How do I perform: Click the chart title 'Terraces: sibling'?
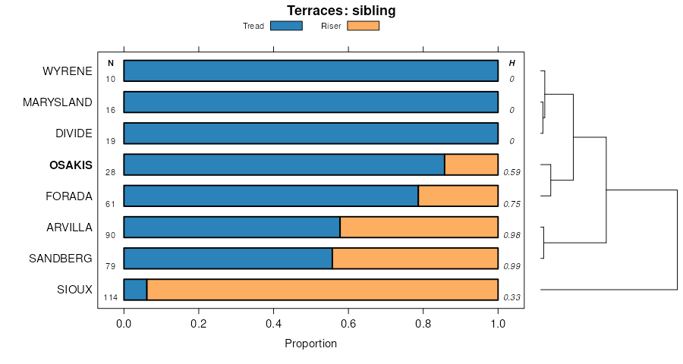pyautogui.click(x=341, y=11)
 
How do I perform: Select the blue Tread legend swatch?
pyautogui.click(x=286, y=26)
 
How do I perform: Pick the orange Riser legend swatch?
pyautogui.click(x=363, y=26)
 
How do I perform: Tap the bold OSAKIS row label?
pyautogui.click(x=71, y=165)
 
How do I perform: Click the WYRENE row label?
pyautogui.click(x=68, y=71)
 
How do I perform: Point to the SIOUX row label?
pyautogui.click(x=74, y=289)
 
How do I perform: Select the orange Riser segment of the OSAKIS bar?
pyautogui.click(x=471, y=165)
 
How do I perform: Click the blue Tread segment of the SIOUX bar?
pyautogui.click(x=135, y=289)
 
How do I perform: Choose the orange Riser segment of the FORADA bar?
pyautogui.click(x=458, y=196)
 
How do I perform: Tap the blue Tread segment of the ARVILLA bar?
pyautogui.click(x=231, y=227)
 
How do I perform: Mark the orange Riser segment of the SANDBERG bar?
pyautogui.click(x=415, y=258)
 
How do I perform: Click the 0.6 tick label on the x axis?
pyautogui.click(x=348, y=323)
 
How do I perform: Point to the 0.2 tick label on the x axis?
pyautogui.click(x=198, y=323)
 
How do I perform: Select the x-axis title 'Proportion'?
pyautogui.click(x=310, y=344)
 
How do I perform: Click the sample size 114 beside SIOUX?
pyautogui.click(x=110, y=297)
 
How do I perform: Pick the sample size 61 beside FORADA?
pyautogui.click(x=111, y=204)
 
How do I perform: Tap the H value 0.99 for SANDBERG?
pyautogui.click(x=511, y=266)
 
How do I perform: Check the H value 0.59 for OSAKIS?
pyautogui.click(x=511, y=173)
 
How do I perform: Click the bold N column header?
pyautogui.click(x=111, y=62)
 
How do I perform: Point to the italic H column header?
pyautogui.click(x=511, y=62)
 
